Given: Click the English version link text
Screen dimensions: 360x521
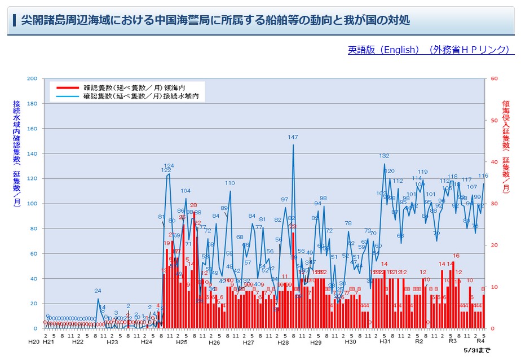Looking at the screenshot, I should coord(431,50).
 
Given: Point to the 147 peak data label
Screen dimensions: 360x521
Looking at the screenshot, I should coord(293,137).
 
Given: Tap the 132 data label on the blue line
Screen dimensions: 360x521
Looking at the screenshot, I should coord(384,156).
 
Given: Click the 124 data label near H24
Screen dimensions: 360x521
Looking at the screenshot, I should coord(169,165).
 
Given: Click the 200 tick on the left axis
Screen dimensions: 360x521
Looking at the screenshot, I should coord(32,78).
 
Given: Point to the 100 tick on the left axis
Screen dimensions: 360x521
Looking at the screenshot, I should coord(32,203).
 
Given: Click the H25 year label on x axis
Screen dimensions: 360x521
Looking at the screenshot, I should coord(181,342).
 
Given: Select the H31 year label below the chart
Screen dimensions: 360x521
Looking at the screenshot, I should coord(385,342).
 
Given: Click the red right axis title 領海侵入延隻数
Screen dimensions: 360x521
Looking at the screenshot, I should coord(506,147).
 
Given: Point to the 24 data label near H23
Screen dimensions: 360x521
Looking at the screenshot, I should coord(98,291).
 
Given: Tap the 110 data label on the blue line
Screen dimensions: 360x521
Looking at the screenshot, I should coord(230,183).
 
